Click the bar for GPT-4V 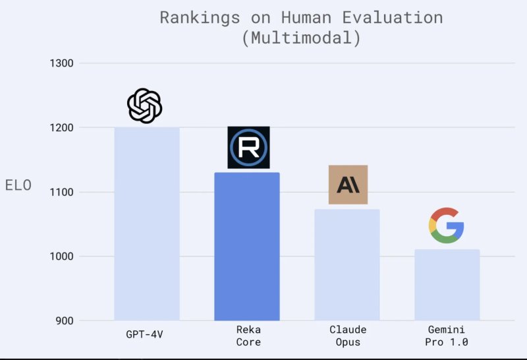click(x=146, y=224)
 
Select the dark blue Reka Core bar click(x=247, y=247)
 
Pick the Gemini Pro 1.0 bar click(x=447, y=285)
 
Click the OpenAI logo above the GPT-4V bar click(x=145, y=105)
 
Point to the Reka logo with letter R click(x=248, y=148)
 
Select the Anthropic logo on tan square click(x=348, y=185)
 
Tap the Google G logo click(x=447, y=225)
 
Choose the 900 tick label click(x=64, y=321)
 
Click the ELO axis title click(x=18, y=185)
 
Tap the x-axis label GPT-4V click(x=145, y=334)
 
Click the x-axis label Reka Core click(x=248, y=336)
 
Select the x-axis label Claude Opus click(x=348, y=336)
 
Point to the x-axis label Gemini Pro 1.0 click(x=447, y=336)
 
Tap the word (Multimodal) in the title click(x=302, y=38)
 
